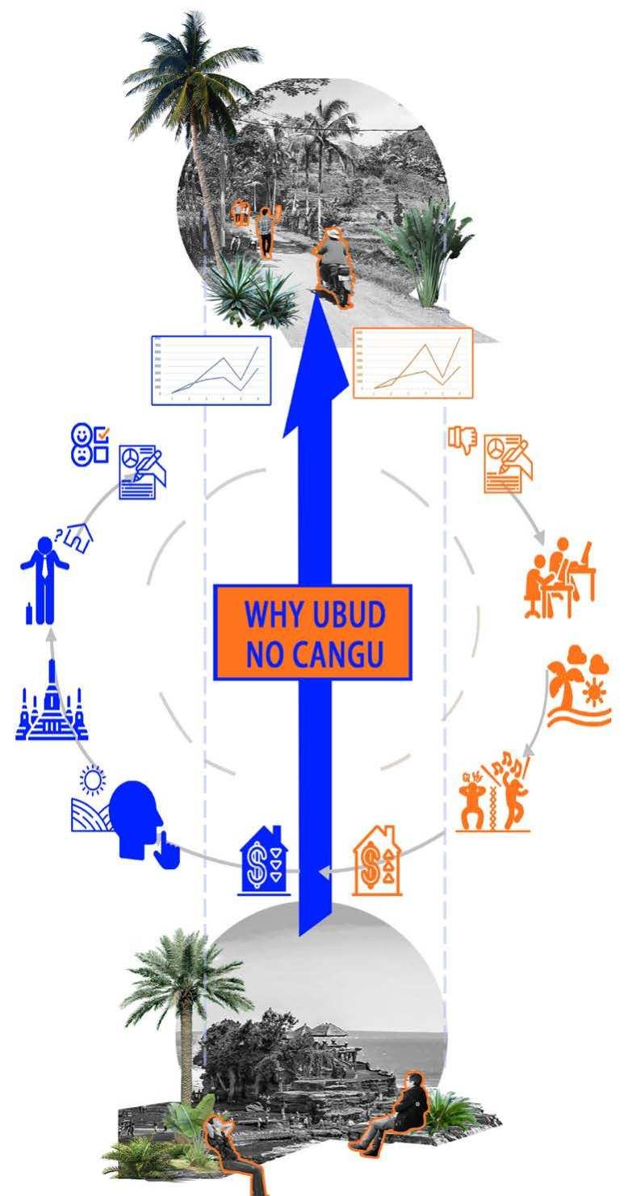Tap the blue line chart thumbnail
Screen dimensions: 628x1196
(211, 370)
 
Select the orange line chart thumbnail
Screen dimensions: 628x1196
(413, 362)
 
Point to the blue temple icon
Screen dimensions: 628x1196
(52, 702)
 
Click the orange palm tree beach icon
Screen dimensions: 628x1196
(578, 685)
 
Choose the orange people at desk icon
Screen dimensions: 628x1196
(560, 578)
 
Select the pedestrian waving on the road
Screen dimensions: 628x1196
(266, 230)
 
